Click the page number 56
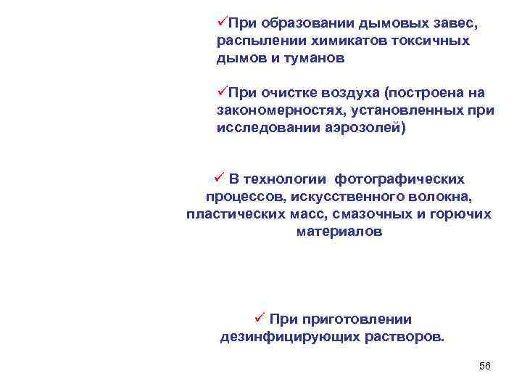485,366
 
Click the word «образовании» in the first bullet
311,24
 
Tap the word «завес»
454,24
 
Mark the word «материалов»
339,232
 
